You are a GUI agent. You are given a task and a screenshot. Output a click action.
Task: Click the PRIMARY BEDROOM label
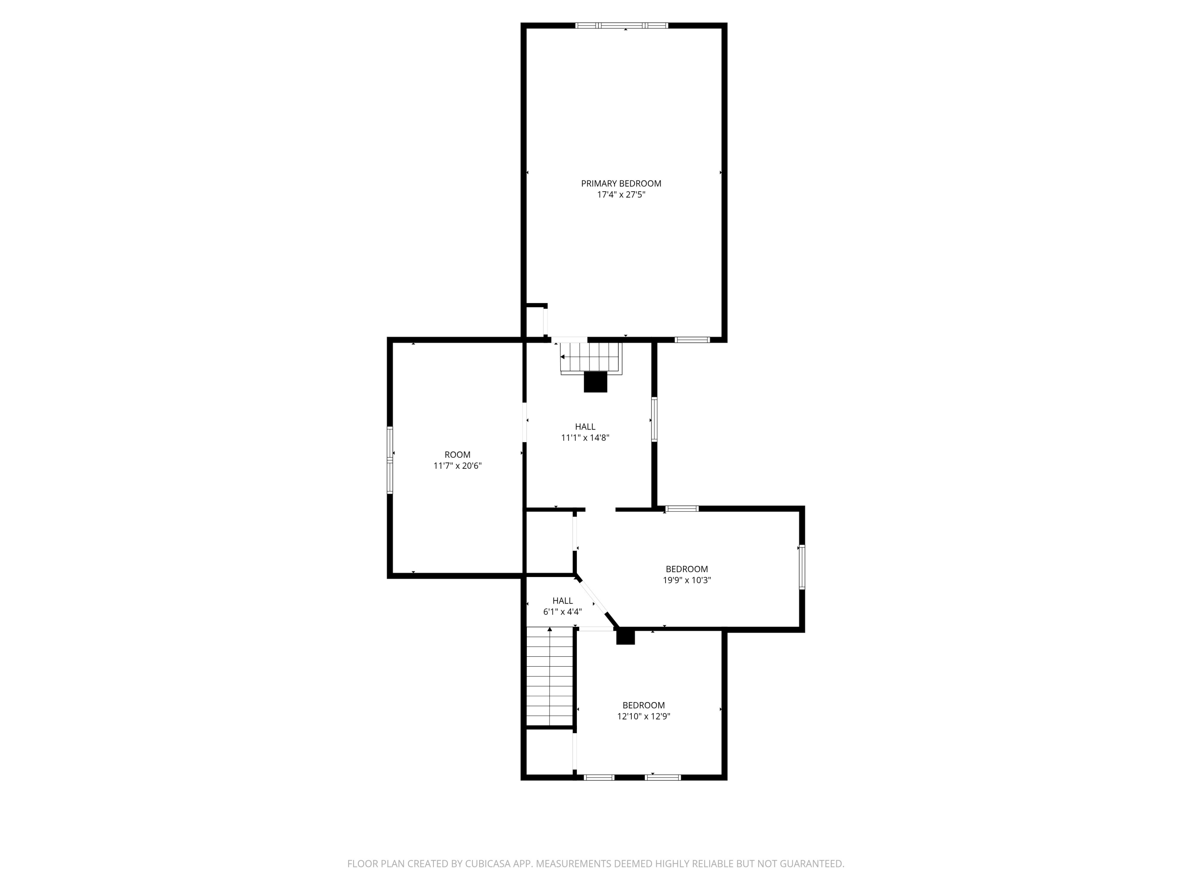[621, 184]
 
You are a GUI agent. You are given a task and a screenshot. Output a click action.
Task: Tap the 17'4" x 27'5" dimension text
[621, 195]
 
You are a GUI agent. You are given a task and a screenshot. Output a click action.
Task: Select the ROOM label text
[457, 455]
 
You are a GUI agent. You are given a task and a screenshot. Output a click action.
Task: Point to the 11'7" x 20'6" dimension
[457, 466]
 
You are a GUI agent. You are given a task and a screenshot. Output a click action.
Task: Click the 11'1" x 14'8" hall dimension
[585, 437]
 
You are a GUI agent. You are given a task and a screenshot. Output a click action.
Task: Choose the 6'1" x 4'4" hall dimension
[563, 611]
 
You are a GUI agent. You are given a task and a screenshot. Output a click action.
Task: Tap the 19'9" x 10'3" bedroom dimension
[687, 581]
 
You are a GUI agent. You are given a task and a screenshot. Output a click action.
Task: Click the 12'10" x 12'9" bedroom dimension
[644, 716]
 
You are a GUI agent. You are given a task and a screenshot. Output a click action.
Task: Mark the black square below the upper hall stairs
[596, 382]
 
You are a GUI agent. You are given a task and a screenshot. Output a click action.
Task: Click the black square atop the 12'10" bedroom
[626, 637]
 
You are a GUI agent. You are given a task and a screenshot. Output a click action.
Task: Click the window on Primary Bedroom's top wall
[622, 25]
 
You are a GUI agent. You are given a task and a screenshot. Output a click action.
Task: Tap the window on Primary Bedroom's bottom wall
[693, 339]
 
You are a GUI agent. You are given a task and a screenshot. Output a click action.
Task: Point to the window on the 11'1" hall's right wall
[654, 420]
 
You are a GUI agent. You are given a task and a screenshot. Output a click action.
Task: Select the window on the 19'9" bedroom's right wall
[802, 567]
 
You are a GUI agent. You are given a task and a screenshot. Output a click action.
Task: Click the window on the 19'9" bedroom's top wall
[682, 509]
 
